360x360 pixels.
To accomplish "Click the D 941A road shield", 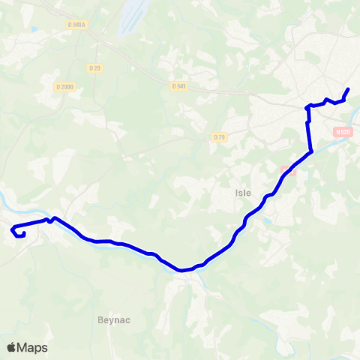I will (76, 25).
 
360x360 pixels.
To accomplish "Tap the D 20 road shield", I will (94, 68).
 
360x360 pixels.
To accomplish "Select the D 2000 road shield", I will (65, 87).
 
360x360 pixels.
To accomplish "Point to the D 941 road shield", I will (178, 86).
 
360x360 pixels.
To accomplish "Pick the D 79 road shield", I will (219, 136).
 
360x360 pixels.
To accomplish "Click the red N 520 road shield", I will (343, 132).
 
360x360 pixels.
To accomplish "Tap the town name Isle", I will (243, 193).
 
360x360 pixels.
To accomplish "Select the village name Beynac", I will (114, 319).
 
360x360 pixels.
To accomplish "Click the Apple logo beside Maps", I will (11, 347).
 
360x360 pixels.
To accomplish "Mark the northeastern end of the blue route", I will (348, 90).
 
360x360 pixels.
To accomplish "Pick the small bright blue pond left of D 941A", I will (34, 29).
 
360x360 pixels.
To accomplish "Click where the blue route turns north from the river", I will (310, 152).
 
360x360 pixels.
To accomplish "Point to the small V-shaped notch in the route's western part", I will (49, 221).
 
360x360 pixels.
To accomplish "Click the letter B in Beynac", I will (100, 319).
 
